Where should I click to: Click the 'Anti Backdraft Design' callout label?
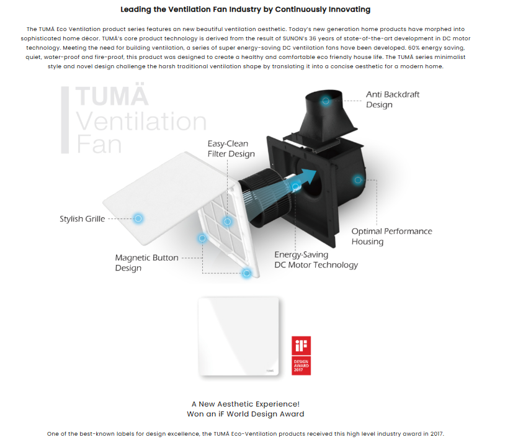click(393, 99)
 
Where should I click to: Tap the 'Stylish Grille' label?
click(83, 219)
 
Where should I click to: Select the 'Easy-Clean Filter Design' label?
click(231, 149)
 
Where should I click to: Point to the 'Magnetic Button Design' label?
click(146, 263)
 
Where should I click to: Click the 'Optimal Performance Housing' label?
click(392, 236)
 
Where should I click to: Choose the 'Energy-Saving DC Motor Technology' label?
click(316, 260)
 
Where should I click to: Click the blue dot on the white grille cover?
click(138, 218)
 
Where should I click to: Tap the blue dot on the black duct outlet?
click(326, 101)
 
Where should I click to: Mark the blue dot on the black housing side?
click(358, 180)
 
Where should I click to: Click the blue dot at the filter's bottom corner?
click(246, 273)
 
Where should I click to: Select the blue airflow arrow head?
click(309, 176)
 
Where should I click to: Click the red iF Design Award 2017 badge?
click(301, 356)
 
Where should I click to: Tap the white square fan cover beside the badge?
click(238, 336)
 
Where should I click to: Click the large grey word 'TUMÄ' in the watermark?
click(112, 95)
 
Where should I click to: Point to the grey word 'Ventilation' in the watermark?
click(141, 121)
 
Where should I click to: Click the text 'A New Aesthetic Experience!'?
click(246, 404)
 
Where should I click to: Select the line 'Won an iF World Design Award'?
click(246, 414)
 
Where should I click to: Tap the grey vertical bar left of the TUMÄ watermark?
click(65, 120)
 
